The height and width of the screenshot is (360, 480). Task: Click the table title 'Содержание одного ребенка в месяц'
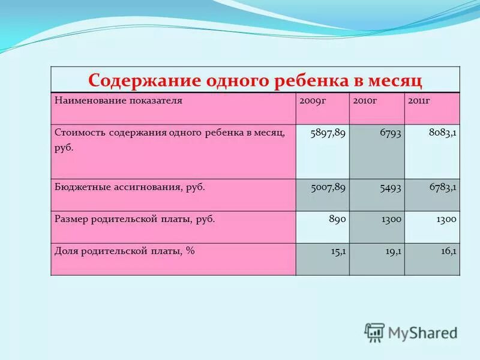pos(255,80)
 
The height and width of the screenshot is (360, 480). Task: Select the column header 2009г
pos(312,100)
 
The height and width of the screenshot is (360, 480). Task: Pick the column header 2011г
pos(419,100)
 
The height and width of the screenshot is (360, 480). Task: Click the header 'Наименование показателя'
pos(118,100)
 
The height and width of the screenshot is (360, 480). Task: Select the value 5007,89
pos(328,187)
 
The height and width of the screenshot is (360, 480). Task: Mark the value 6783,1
pos(443,187)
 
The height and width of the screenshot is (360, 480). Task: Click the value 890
pos(337,219)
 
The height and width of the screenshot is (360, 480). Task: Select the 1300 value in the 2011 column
pos(445,219)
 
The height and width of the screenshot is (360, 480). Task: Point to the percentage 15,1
pos(338,251)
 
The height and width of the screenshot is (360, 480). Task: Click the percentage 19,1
pos(393,251)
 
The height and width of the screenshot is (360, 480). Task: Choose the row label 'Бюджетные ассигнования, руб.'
pos(130,187)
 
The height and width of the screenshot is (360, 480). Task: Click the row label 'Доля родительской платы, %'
pos(125,251)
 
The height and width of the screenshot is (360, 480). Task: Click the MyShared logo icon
pos(374,332)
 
